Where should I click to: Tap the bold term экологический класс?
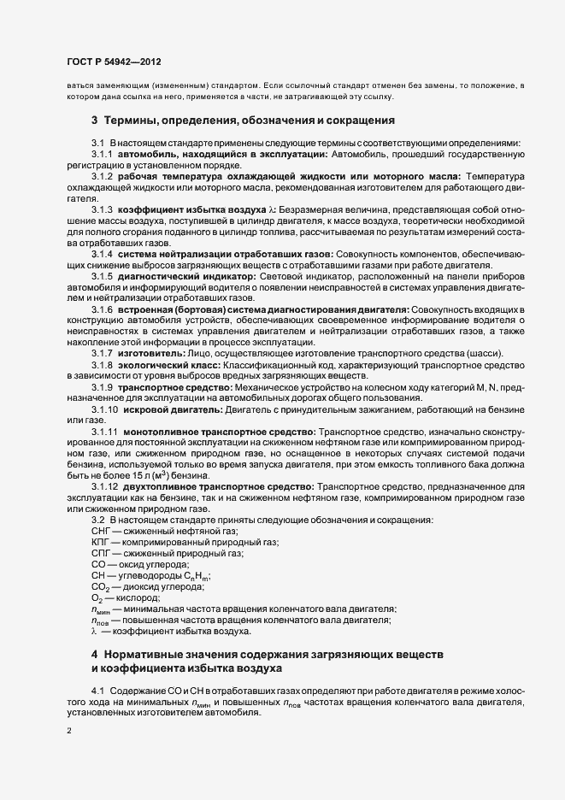tap(168, 364)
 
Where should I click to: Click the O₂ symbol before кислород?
tap(97, 599)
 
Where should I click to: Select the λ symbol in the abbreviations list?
tap(94, 632)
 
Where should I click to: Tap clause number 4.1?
tap(97, 689)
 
